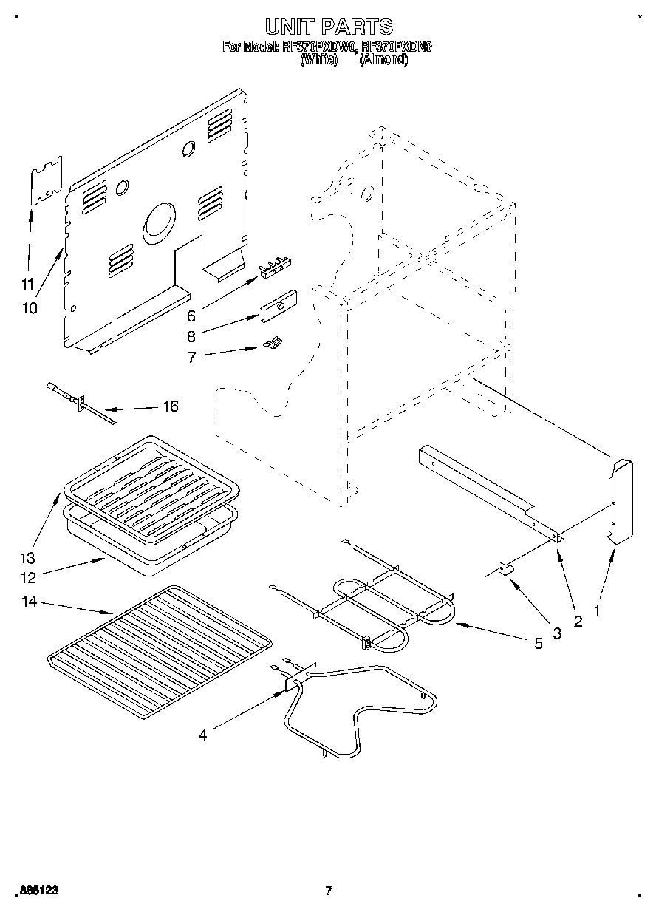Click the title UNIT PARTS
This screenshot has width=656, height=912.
click(328, 27)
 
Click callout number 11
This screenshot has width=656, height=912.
click(27, 283)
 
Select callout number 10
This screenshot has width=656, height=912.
click(30, 307)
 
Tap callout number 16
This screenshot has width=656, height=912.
click(170, 407)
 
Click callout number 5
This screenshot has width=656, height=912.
click(538, 643)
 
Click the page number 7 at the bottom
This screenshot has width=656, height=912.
click(329, 891)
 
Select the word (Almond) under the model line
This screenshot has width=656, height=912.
click(383, 60)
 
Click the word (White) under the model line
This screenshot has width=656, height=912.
click(318, 60)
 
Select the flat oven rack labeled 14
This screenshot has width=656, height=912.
click(159, 650)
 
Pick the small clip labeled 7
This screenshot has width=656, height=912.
click(273, 342)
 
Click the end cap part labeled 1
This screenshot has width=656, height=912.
click(620, 503)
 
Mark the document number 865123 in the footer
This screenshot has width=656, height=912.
click(37, 891)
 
